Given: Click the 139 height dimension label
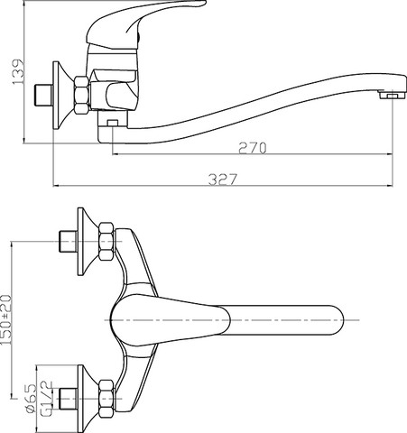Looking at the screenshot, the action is click(18, 72).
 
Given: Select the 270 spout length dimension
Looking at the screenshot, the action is click(253, 148).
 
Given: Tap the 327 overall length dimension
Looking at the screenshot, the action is click(223, 180).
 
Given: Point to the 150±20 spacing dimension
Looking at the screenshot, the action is click(6, 320).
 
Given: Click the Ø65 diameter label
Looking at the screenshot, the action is click(31, 398).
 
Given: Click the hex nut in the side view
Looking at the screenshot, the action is click(82, 96).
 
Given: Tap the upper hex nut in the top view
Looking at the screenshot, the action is click(106, 241).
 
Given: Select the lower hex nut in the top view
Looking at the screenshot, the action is click(106, 399).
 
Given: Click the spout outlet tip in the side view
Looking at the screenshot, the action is click(393, 96).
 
